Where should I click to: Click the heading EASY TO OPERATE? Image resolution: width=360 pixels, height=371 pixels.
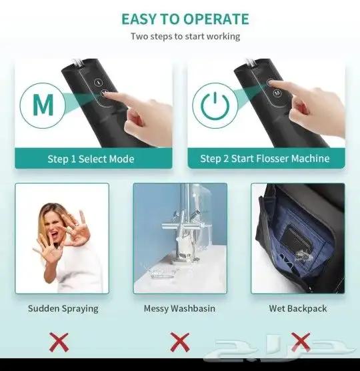185,19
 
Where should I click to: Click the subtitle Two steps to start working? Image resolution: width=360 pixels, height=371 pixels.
185,37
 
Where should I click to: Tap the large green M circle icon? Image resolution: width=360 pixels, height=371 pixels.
43,105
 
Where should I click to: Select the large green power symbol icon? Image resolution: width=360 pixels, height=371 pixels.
215,105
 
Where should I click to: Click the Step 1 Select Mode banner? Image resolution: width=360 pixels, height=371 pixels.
93,158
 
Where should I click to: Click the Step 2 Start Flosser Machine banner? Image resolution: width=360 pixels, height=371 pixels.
266,158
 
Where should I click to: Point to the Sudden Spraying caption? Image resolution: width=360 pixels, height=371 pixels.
63,308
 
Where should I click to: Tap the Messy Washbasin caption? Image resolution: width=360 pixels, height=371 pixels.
179,308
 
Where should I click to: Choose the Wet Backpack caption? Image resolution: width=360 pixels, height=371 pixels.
298,308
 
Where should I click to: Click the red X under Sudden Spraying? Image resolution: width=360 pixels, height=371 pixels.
59,342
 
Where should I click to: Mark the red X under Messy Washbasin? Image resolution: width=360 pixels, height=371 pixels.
180,342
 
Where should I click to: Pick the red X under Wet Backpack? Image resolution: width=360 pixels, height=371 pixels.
301,342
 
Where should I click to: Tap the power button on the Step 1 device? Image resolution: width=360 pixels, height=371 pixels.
98,82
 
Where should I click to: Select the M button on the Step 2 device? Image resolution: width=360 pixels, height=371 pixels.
277,93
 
